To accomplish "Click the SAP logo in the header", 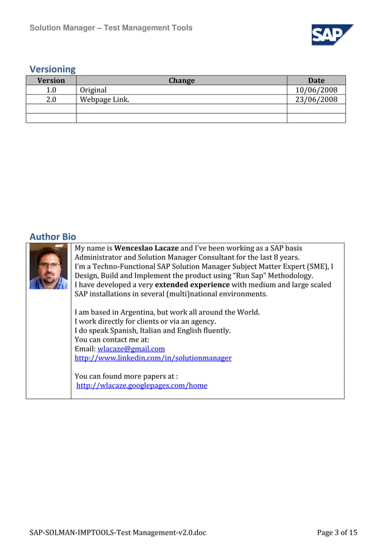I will click(x=332, y=35).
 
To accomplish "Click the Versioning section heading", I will click(x=53, y=69).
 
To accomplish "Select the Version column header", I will click(x=51, y=80).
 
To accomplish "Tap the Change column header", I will click(x=181, y=80).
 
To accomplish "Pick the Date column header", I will click(x=316, y=80).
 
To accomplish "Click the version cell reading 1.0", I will click(x=51, y=90).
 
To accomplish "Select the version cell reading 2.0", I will click(x=51, y=100).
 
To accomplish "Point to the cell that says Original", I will click(x=93, y=90).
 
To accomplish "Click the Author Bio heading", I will click(x=53, y=236).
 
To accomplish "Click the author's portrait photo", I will click(x=49, y=266).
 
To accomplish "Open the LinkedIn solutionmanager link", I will click(x=153, y=358).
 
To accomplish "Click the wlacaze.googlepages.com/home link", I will click(x=142, y=385).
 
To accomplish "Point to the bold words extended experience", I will click(x=192, y=285).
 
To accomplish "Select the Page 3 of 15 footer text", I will click(x=337, y=533).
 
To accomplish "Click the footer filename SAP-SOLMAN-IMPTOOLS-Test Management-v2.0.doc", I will click(x=118, y=533).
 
